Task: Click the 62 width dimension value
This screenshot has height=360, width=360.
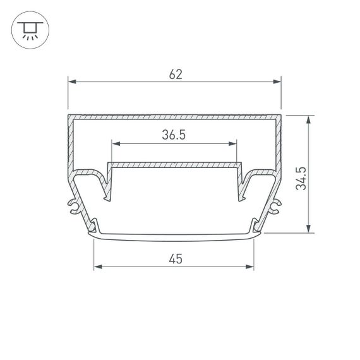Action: pyautogui.click(x=175, y=74)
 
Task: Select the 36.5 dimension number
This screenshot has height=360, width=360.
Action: pyautogui.click(x=174, y=135)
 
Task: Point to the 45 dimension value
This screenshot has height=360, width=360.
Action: pyautogui.click(x=174, y=258)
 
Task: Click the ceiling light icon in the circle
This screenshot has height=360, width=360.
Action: pyautogui.click(x=28, y=29)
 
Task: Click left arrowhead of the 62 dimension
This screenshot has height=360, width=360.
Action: pyautogui.click(x=71, y=82)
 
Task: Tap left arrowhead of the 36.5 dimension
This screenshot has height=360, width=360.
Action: pyautogui.click(x=115, y=143)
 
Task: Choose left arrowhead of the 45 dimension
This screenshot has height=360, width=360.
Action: pyautogui.click(x=97, y=267)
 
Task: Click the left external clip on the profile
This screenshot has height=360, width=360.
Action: pyautogui.click(x=73, y=207)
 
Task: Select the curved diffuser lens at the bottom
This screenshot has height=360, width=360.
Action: pyautogui.click(x=174, y=237)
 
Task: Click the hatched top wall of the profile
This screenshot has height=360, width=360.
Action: pyautogui.click(x=174, y=117)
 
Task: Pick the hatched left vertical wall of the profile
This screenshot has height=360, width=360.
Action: pyautogui.click(x=69, y=145)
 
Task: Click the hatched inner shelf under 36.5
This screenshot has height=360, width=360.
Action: pyautogui.click(x=174, y=165)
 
